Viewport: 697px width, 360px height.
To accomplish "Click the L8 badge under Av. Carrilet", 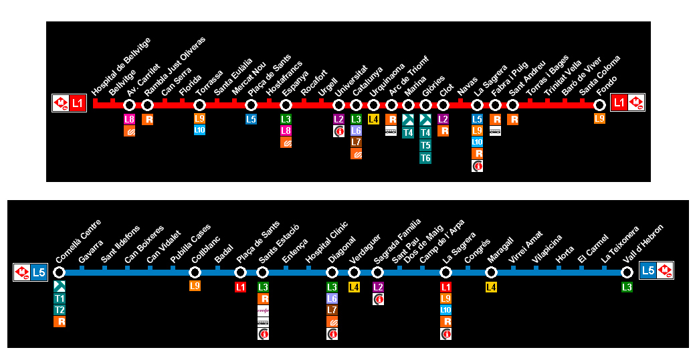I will [130, 119].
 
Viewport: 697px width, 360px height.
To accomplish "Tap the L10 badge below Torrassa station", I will [199, 130].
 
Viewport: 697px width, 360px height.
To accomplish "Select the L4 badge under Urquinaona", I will [373, 119].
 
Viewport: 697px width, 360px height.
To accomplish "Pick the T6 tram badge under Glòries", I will [425, 158].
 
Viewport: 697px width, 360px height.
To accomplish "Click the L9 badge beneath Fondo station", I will [599, 118].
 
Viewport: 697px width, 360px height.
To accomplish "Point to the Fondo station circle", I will [599, 104].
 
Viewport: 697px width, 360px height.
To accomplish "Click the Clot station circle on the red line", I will [443, 104].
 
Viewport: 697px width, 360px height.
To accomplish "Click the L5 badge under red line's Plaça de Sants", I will [251, 119].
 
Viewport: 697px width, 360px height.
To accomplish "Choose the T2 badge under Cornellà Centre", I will [60, 310].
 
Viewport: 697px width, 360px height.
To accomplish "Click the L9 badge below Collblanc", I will [195, 286].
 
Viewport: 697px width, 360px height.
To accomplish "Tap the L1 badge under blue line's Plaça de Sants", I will [240, 287].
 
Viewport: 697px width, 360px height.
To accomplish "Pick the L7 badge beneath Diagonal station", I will [332, 310].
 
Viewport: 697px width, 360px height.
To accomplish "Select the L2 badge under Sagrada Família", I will [378, 287].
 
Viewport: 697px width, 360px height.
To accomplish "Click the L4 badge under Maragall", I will [491, 287].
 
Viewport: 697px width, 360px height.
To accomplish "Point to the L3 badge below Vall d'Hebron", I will [627, 287].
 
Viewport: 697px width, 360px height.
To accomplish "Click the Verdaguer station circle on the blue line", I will [355, 272].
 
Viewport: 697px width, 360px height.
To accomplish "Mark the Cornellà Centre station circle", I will [60, 272].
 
